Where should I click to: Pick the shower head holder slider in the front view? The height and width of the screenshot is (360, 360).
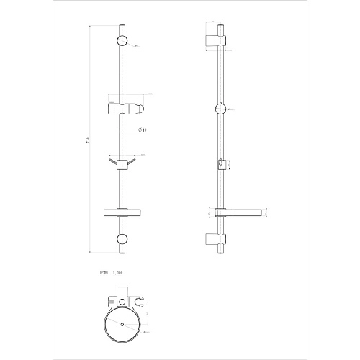[x=122, y=109]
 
